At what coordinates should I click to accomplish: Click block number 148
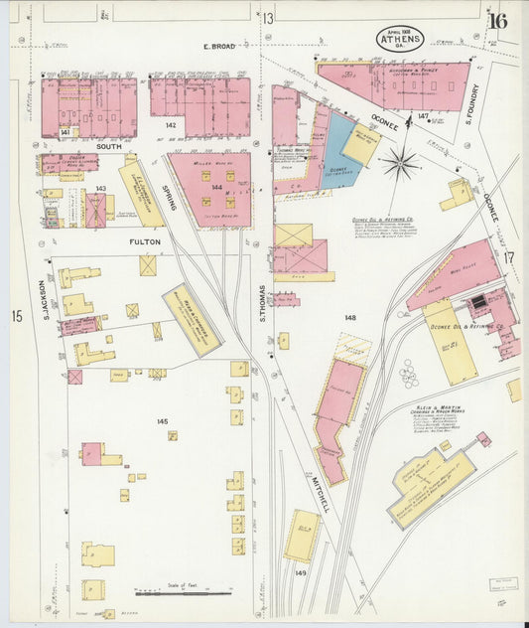(349, 318)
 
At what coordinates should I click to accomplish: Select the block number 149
(301, 573)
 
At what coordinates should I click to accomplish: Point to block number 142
(171, 125)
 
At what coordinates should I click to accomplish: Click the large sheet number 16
(497, 20)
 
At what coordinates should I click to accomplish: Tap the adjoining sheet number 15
(17, 316)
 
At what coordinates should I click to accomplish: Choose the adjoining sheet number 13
(268, 18)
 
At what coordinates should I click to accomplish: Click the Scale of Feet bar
(177, 591)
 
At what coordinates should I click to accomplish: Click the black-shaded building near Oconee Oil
(478, 300)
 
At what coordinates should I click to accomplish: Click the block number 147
(424, 117)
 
